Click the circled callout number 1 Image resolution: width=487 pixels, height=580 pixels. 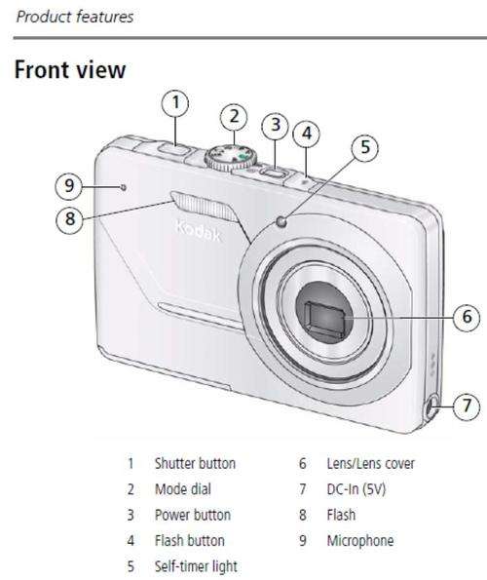point(175,103)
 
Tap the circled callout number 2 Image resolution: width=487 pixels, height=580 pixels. point(234,117)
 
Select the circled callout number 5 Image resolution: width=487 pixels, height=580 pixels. point(365,147)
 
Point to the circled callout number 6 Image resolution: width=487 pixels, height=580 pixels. point(467,317)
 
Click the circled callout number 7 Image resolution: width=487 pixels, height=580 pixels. point(467,406)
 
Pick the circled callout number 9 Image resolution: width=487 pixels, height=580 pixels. point(69,185)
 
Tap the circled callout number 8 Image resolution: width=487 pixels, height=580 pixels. point(70,219)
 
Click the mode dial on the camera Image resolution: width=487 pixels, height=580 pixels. point(231,158)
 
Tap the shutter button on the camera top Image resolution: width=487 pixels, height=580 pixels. point(173,149)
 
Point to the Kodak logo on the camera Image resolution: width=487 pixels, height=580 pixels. point(198,231)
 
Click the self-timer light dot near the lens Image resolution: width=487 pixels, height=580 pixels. point(281,221)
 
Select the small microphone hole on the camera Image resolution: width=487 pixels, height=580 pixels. point(124,187)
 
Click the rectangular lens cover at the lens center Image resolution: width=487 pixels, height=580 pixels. point(324,318)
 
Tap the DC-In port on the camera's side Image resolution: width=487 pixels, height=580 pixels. point(431,407)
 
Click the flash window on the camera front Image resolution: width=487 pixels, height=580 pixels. point(205,207)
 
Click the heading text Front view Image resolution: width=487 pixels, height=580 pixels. point(70,69)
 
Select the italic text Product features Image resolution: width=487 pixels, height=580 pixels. point(75,17)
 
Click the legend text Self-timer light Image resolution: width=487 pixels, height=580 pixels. point(196,566)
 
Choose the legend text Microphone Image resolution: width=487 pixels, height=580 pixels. point(360,541)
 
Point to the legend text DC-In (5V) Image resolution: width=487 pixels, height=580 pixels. point(356,489)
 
